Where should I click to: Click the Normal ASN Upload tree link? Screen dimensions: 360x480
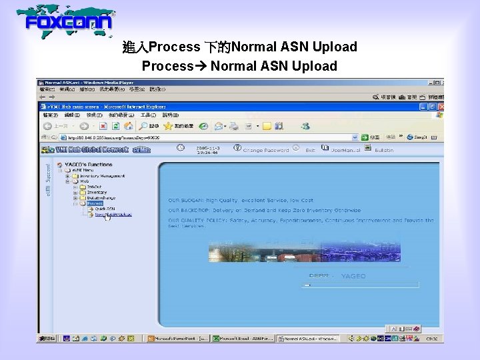pos(113,215)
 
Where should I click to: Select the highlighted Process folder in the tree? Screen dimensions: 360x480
pos(94,203)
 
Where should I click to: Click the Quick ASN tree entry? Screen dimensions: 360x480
pos(105,209)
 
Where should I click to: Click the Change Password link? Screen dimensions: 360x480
pos(266,150)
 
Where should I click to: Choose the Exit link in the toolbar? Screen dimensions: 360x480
pos(310,150)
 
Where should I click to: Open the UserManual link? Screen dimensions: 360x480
pos(346,150)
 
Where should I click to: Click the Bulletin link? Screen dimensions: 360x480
pos(384,150)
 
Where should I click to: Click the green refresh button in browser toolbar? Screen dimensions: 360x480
pos(115,125)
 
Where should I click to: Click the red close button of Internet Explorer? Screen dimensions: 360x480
pos(440,107)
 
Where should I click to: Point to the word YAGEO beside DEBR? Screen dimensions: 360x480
pos(353,276)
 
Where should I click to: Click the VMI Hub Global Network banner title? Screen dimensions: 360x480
pos(84,150)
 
